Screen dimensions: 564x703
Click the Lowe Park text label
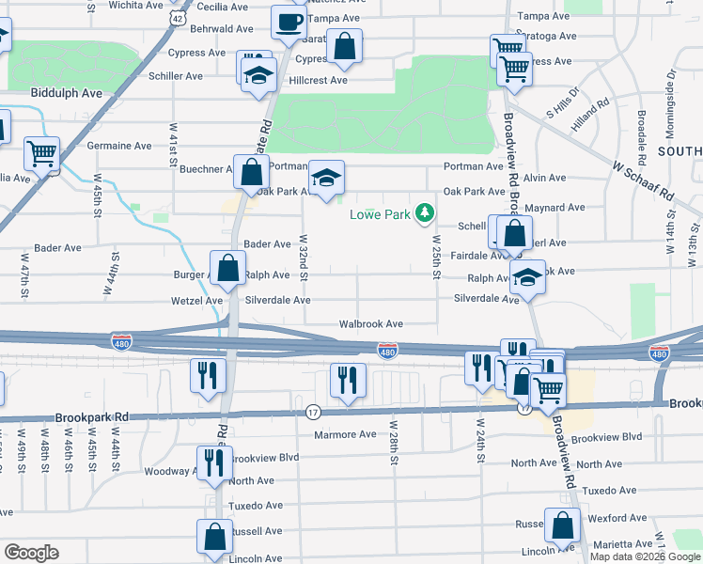click(381, 214)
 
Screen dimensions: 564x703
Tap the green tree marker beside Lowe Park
click(426, 214)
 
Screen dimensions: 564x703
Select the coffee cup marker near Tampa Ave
click(289, 22)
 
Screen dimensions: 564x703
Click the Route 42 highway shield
click(178, 18)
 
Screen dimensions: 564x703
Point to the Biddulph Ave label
click(67, 94)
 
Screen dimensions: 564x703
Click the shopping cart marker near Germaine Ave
click(41, 153)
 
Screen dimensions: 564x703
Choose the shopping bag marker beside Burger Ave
click(227, 268)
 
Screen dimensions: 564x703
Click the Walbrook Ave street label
click(371, 324)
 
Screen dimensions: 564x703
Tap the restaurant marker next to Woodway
click(212, 462)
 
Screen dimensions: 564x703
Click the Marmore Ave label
click(345, 434)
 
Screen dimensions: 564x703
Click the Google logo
click(31, 553)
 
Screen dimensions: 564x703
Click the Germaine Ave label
click(119, 147)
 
